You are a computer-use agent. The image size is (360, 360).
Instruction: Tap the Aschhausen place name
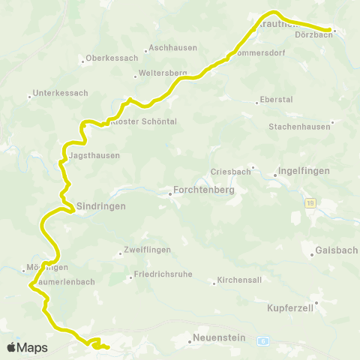point(173,48)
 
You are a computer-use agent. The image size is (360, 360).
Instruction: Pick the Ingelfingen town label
point(304,171)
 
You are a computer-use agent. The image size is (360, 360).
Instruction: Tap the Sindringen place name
point(100,205)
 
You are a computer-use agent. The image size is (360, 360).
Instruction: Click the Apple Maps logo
point(26,347)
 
